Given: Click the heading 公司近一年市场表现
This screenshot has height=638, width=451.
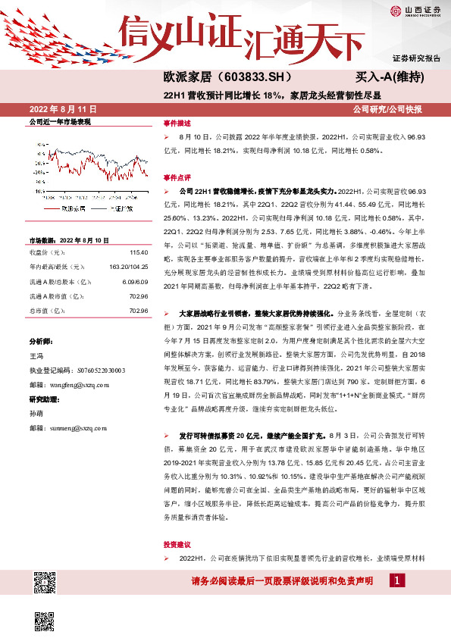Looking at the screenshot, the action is [x=60, y=121].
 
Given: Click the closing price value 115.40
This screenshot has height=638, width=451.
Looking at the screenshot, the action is [x=139, y=252].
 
